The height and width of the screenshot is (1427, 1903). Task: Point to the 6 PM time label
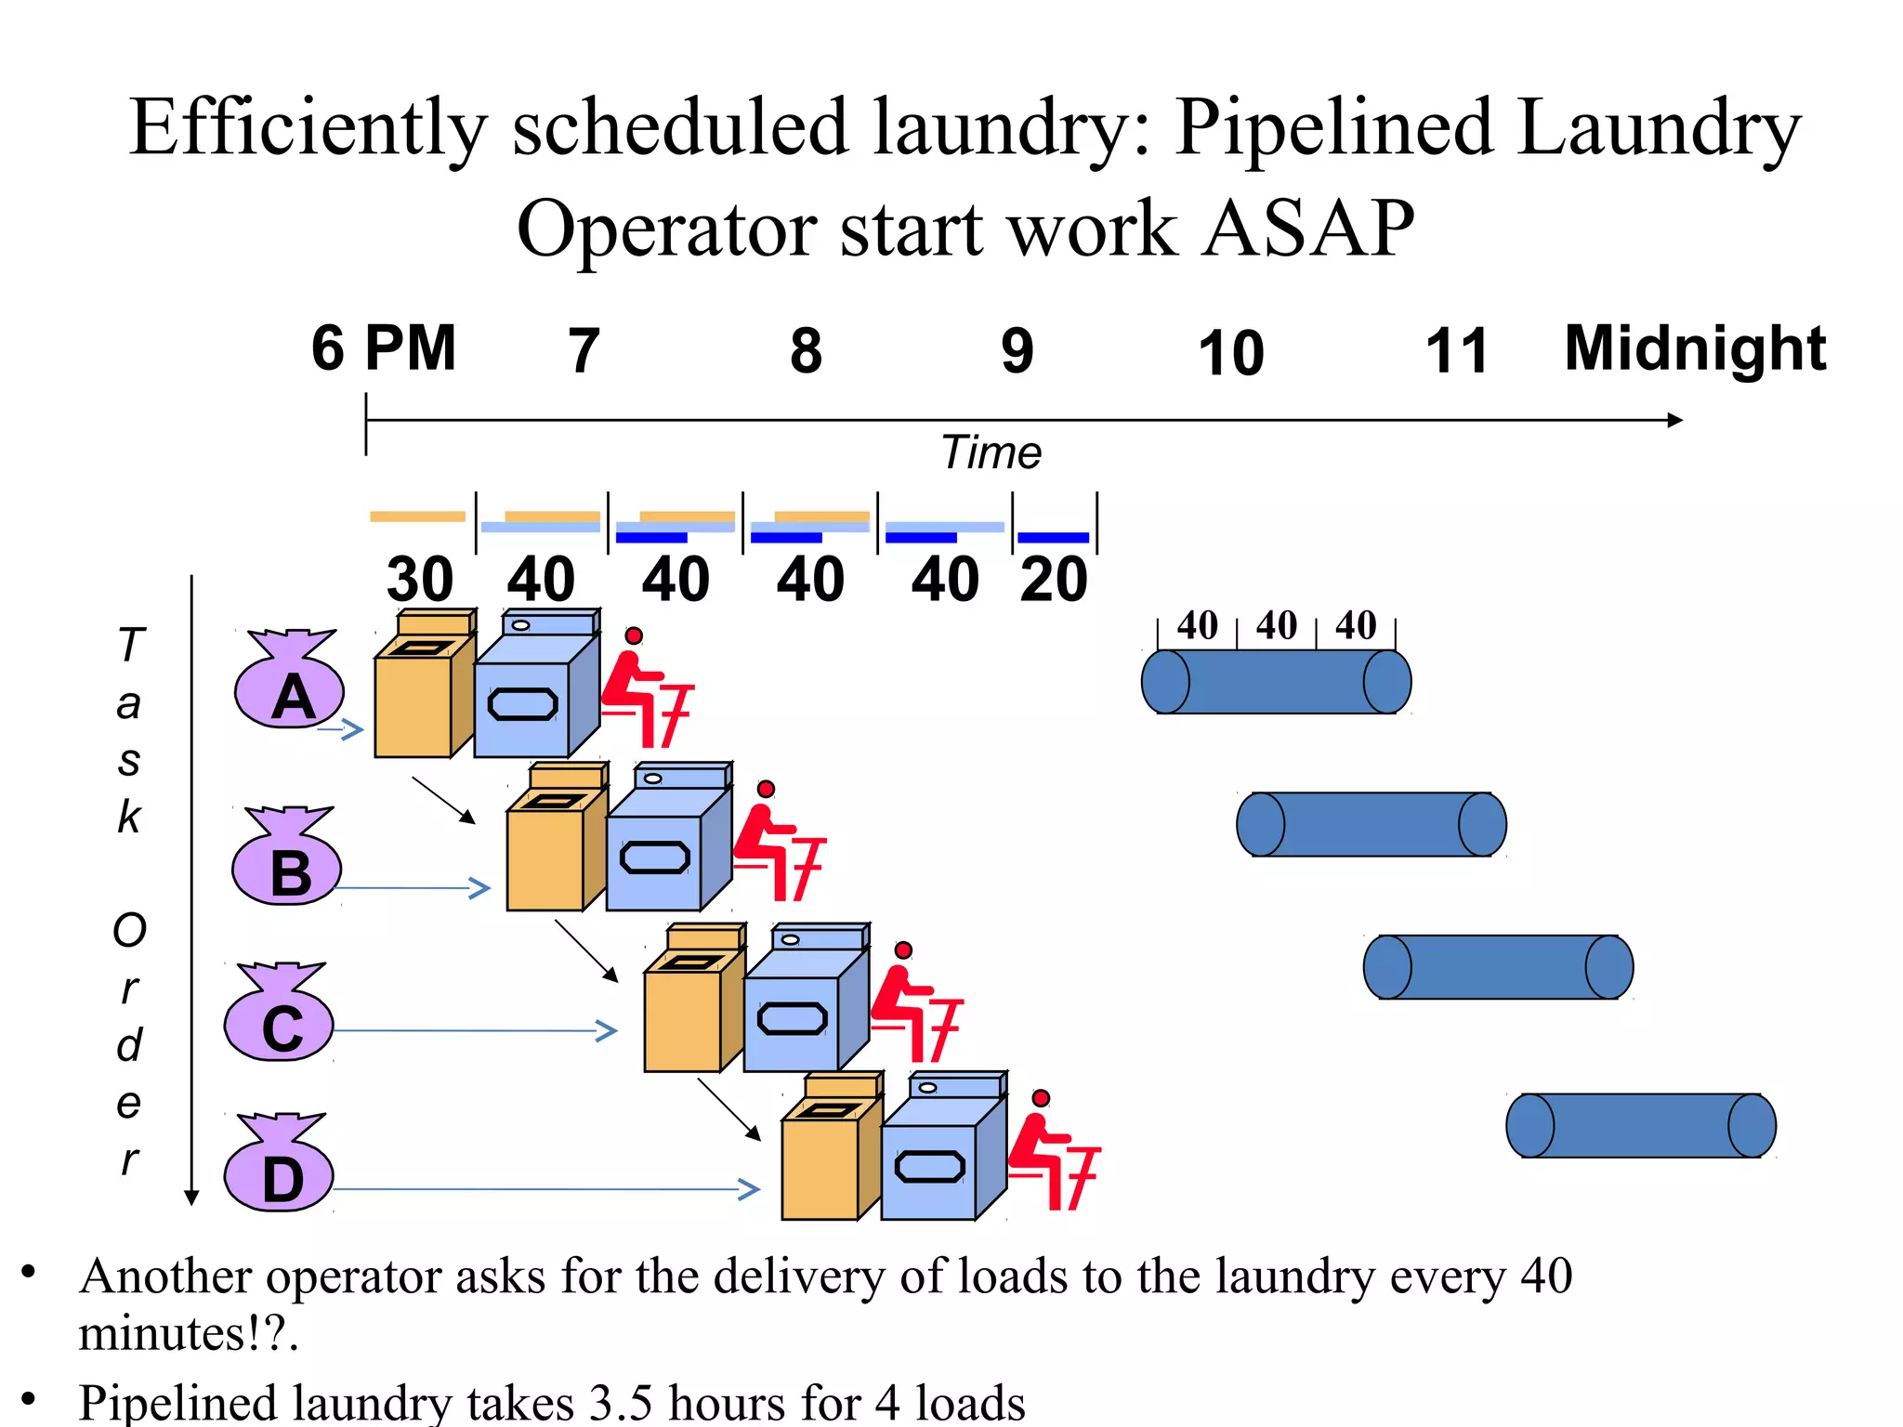383,348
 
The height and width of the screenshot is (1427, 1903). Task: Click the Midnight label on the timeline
1694,348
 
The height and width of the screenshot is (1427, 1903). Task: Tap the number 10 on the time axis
1230,353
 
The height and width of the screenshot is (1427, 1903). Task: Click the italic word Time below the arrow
991,453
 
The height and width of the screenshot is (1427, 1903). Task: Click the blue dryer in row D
940,1152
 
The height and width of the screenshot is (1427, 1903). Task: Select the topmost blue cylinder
1276,682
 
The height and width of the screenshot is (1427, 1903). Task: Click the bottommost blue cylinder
1640,1125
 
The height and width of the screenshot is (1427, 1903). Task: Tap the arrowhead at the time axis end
1674,420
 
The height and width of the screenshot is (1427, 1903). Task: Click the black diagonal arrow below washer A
444,800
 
